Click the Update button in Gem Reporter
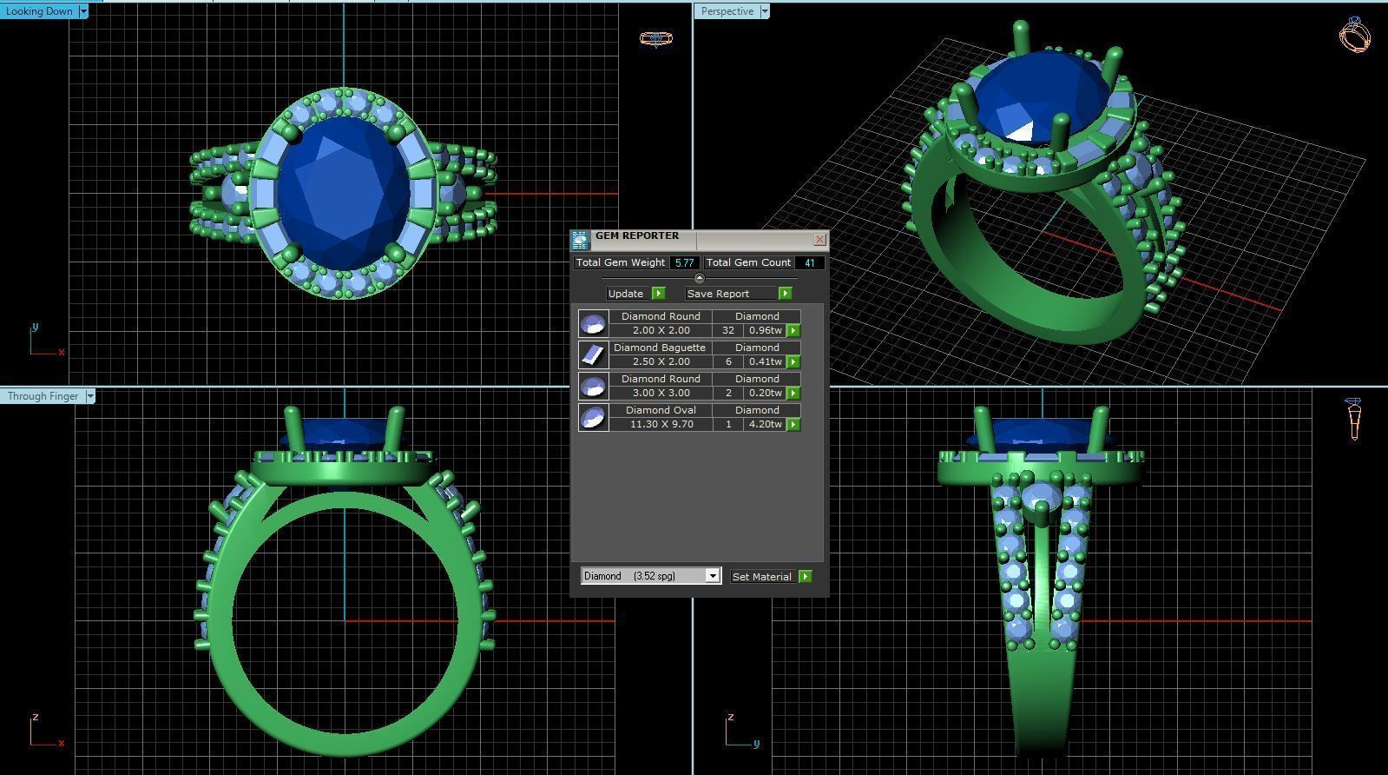click(x=635, y=294)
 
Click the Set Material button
click(x=770, y=576)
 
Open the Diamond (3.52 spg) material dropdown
click(x=712, y=576)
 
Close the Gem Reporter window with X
click(x=819, y=239)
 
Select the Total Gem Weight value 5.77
click(x=684, y=262)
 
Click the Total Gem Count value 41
click(x=809, y=262)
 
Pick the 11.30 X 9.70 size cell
click(x=661, y=424)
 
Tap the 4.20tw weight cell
click(x=765, y=424)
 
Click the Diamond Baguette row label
click(x=660, y=348)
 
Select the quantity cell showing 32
click(x=727, y=330)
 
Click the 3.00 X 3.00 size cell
click(x=661, y=393)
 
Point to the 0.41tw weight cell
click(x=765, y=361)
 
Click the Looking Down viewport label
click(x=39, y=11)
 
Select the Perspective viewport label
click(x=727, y=11)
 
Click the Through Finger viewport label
click(x=43, y=396)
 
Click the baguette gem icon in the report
click(x=593, y=354)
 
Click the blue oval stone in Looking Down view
click(x=344, y=193)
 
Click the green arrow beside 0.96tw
click(x=793, y=331)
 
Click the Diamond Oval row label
click(x=660, y=410)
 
